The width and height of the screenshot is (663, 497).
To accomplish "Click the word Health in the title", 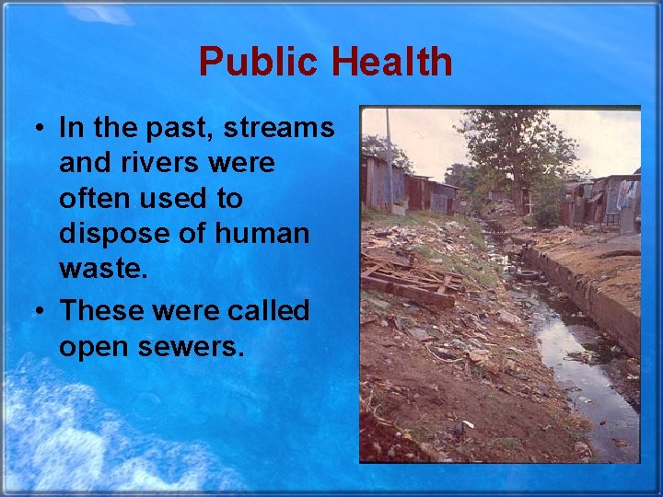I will point(391,63).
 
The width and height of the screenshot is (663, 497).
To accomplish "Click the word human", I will point(262,234).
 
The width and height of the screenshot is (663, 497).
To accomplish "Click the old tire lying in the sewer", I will point(529,273).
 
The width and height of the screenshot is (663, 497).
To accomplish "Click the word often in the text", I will point(94,198).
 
